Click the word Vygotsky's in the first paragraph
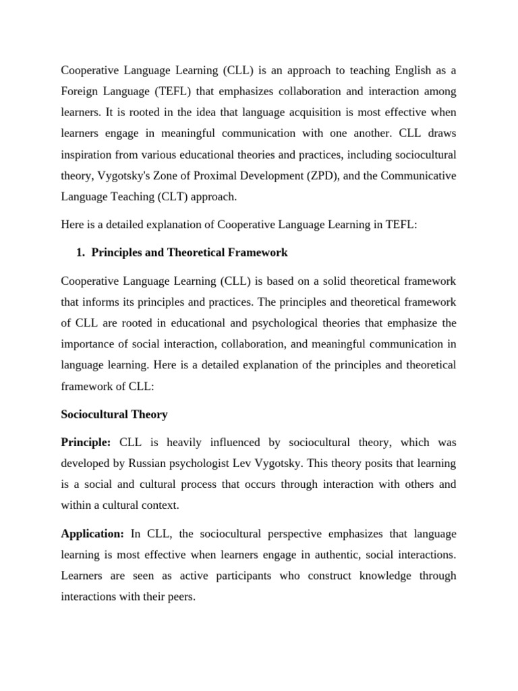[x=122, y=175]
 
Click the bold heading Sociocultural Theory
[x=114, y=414]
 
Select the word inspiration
[x=90, y=154]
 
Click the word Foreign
[x=78, y=90]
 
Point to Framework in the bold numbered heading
[x=260, y=252]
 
